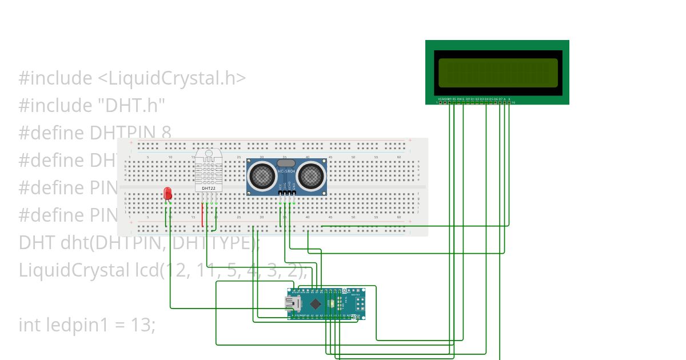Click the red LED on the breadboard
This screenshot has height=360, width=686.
coord(167,193)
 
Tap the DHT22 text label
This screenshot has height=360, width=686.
coord(209,188)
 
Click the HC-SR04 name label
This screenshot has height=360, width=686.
coord(286,171)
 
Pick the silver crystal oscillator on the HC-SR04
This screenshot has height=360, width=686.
coord(286,163)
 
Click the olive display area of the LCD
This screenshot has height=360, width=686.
coord(497,73)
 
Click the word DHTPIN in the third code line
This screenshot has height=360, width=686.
coord(123,133)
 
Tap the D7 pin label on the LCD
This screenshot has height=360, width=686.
coord(500,98)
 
